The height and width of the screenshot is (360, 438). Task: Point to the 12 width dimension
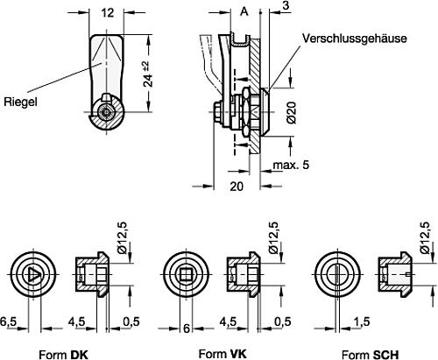click(108, 13)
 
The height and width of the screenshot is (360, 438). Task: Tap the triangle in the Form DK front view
click(33, 273)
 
